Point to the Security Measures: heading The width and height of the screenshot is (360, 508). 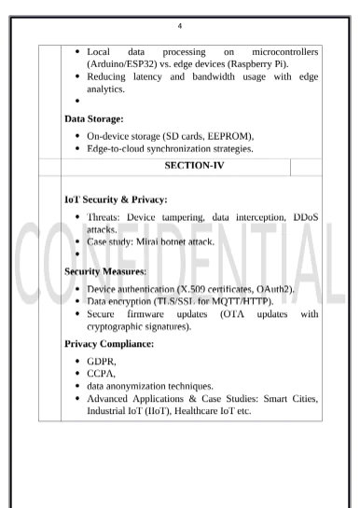(110, 270)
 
